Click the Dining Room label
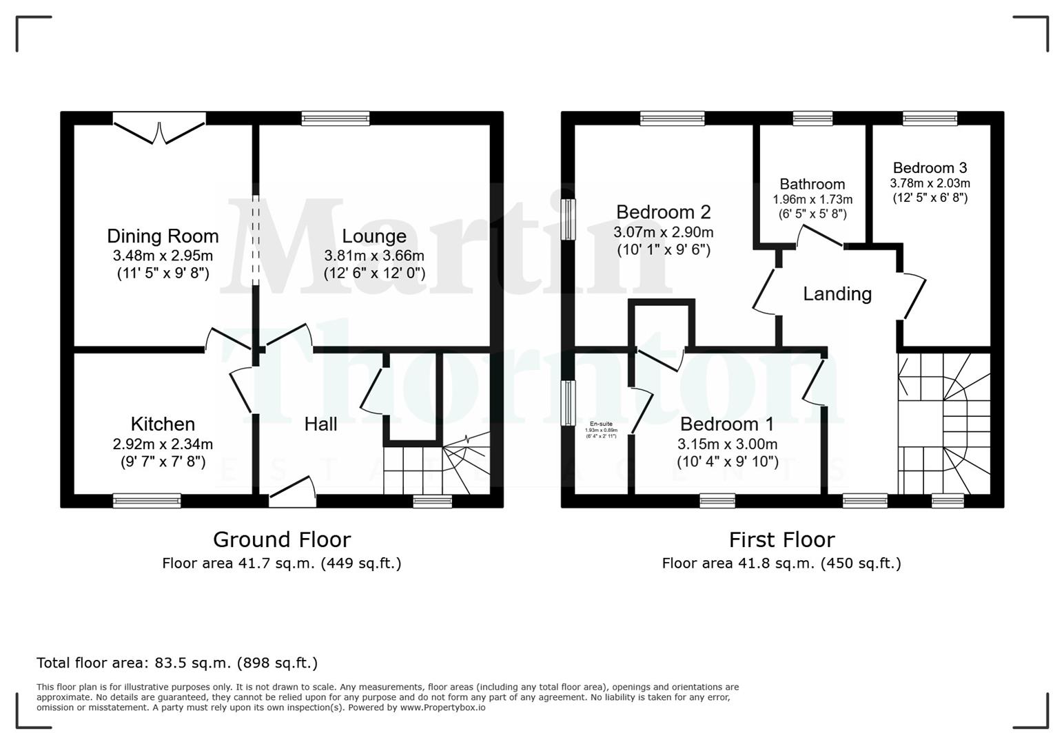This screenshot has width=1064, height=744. pyautogui.click(x=163, y=236)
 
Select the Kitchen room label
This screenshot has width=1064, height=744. pyautogui.click(x=163, y=424)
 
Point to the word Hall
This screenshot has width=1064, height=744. pyautogui.click(x=320, y=424)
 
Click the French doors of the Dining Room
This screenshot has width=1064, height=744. pyautogui.click(x=160, y=131)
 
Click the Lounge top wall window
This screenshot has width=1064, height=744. pyautogui.click(x=336, y=118)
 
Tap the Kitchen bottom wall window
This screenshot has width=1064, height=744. pyautogui.click(x=147, y=501)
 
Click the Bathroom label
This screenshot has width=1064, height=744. pyautogui.click(x=812, y=184)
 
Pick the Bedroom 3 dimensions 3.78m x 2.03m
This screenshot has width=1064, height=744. pyautogui.click(x=930, y=183)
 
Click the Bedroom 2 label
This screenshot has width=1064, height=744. pyautogui.click(x=663, y=211)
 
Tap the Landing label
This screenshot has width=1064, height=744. pyautogui.click(x=837, y=294)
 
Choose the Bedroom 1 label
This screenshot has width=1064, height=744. pyautogui.click(x=727, y=424)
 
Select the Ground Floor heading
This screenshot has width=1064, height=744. pyautogui.click(x=282, y=539)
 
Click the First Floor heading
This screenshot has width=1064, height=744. pyautogui.click(x=781, y=539)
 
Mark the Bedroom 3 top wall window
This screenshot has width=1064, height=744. pyautogui.click(x=930, y=118)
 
